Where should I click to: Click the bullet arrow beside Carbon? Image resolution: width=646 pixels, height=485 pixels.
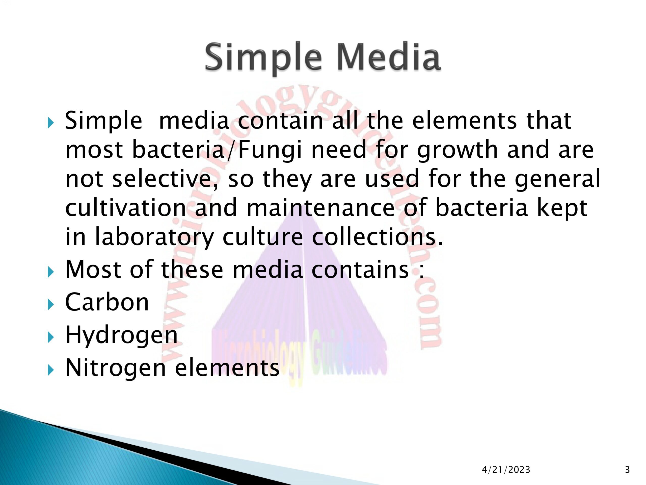pyautogui.click(x=51, y=305)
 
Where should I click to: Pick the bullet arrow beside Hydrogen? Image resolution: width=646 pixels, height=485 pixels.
pyautogui.click(x=51, y=338)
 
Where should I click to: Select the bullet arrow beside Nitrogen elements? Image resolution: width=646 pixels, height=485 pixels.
pyautogui.click(x=51, y=371)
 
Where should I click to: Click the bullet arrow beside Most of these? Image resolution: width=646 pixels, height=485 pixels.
pyautogui.click(x=51, y=273)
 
